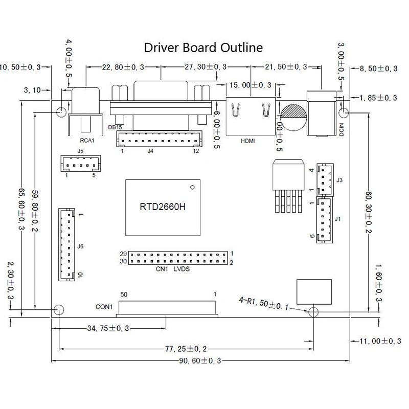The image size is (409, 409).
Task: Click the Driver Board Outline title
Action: pos(203,48)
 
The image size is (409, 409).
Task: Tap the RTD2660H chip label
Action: pos(163,207)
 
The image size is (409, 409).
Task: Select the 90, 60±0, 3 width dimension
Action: pos(200,361)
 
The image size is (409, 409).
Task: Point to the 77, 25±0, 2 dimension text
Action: pos(186,349)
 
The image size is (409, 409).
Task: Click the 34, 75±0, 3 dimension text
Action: pos(108,328)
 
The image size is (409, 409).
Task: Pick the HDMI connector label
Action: pos(247,141)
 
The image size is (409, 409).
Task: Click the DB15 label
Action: pos(115,127)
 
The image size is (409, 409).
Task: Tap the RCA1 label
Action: pos(87,140)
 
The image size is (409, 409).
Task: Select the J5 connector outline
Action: pos(81,164)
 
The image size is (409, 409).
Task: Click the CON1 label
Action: pos(104,307)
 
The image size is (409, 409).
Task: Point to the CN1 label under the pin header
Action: pos(162,269)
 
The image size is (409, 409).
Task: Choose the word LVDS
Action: pos(181,269)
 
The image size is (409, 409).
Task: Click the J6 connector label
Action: pos(80,246)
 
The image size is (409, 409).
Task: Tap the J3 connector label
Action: pos(339,180)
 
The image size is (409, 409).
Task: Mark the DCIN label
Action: pos(342,130)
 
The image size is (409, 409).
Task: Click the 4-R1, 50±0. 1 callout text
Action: pos(264,304)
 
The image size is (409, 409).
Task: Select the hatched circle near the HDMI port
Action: pos(293,118)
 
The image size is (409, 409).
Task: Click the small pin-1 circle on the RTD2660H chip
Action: pos(193,187)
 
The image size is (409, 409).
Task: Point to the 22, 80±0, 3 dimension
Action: pos(123,67)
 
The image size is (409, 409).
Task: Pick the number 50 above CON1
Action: pos(124,294)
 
